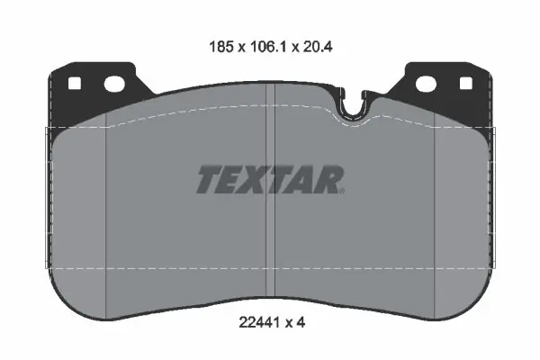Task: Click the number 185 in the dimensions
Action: [x=221, y=47]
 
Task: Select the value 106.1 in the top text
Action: [x=268, y=47]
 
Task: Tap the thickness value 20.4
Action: [x=318, y=47]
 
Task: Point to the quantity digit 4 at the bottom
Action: [x=301, y=323]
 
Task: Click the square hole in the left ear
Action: [x=75, y=84]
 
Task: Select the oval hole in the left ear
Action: [x=114, y=85]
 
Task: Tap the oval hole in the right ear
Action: [x=426, y=84]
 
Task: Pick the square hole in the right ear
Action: [x=465, y=84]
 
